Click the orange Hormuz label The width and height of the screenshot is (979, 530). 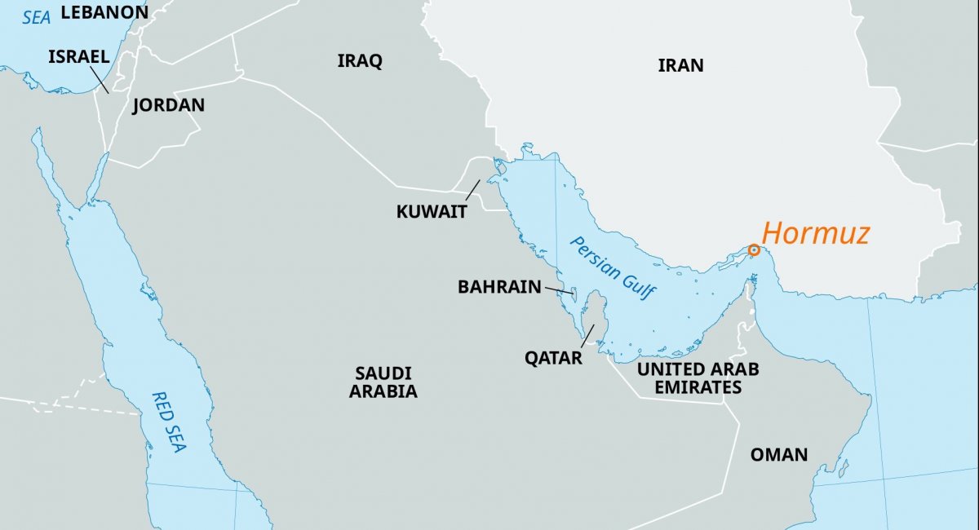pyautogui.click(x=815, y=234)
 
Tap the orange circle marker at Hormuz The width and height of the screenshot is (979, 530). pyautogui.click(x=754, y=250)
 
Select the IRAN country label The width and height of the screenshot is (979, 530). pyautogui.click(x=680, y=66)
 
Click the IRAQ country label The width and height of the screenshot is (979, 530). pyautogui.click(x=360, y=61)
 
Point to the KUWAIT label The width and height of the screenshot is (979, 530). pyautogui.click(x=432, y=212)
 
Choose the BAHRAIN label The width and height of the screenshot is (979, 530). pyautogui.click(x=499, y=287)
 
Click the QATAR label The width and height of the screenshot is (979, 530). pyautogui.click(x=554, y=358)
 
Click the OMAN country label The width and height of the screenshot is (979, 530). pyautogui.click(x=779, y=455)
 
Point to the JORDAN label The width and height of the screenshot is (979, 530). pyautogui.click(x=168, y=105)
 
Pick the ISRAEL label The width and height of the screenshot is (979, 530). pyautogui.click(x=78, y=56)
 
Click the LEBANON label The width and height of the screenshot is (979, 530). pyautogui.click(x=104, y=12)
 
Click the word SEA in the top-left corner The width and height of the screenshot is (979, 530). pyautogui.click(x=36, y=16)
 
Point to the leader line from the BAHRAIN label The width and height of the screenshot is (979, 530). pyautogui.click(x=558, y=289)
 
